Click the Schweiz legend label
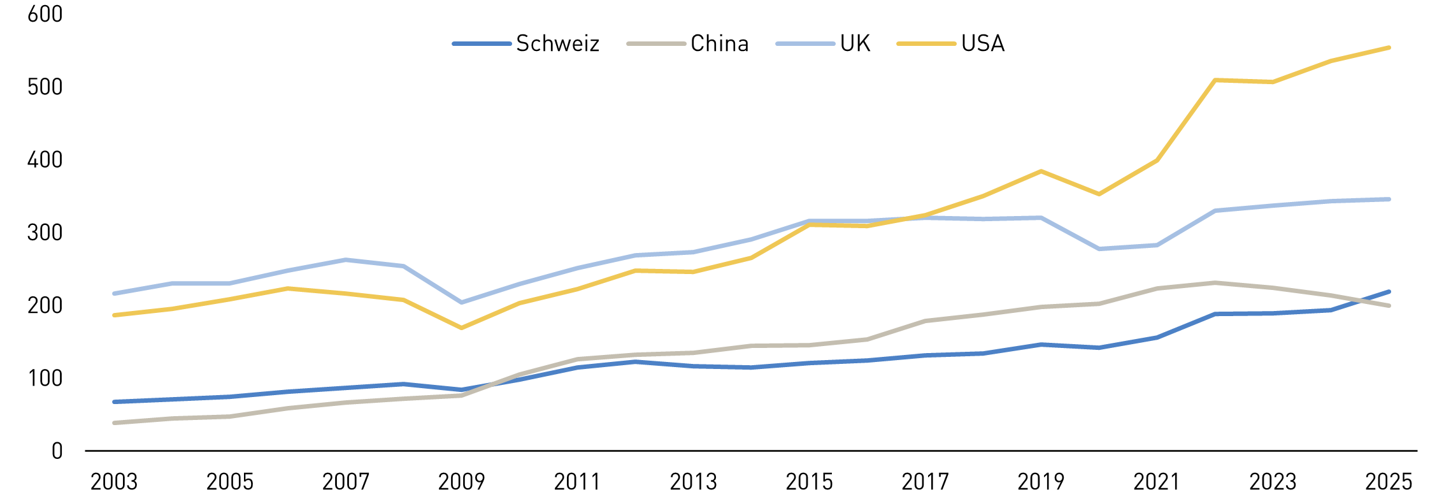pyautogui.click(x=557, y=43)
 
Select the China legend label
pyautogui.click(x=719, y=43)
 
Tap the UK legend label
pyautogui.click(x=855, y=43)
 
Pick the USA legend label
pyautogui.click(x=982, y=43)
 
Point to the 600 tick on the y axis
pyautogui.click(x=45, y=14)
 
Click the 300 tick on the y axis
pyautogui.click(x=45, y=233)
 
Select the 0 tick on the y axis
pyautogui.click(x=57, y=451)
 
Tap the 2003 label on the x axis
pyautogui.click(x=114, y=482)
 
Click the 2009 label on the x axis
pyautogui.click(x=461, y=482)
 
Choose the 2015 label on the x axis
pyautogui.click(x=809, y=482)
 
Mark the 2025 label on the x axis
pyautogui.click(x=1389, y=482)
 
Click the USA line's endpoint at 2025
pyautogui.click(x=1389, y=48)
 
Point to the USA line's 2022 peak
pyautogui.click(x=1215, y=80)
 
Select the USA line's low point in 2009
pyautogui.click(x=461, y=328)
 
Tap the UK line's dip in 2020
pyautogui.click(x=1099, y=249)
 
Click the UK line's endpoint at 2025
pyautogui.click(x=1389, y=199)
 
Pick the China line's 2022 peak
pyautogui.click(x=1215, y=283)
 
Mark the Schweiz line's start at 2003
pyautogui.click(x=114, y=401)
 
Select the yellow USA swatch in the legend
pyautogui.click(x=926, y=43)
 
